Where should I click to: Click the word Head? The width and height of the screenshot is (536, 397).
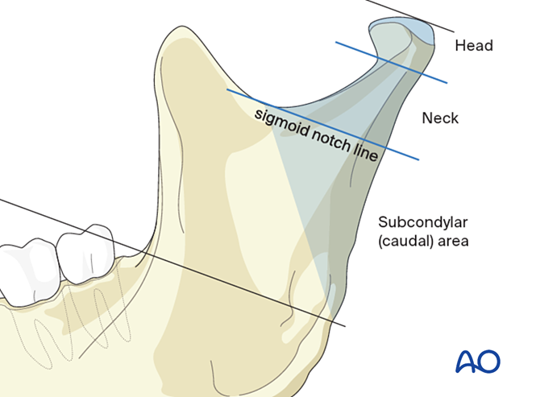coord(473,45)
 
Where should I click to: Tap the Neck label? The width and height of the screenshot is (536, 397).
coord(440,118)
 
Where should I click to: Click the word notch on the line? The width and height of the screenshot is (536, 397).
coord(330,138)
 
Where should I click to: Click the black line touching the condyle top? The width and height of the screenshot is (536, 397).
coord(403,12)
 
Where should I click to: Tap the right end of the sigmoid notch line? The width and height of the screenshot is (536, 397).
coord(418,159)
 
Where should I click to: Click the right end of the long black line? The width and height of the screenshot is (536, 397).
coord(344,325)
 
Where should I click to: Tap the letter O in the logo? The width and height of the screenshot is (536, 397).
coord(489,362)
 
